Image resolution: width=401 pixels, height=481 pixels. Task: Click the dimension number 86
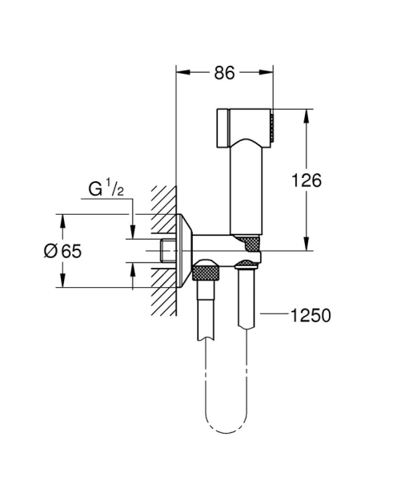(225, 72)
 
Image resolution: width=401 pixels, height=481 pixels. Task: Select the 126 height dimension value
(306, 180)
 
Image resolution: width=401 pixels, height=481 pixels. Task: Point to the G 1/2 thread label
(106, 189)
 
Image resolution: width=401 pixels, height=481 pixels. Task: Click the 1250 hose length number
(311, 315)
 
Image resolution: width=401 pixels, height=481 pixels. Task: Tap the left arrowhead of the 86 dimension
(181, 72)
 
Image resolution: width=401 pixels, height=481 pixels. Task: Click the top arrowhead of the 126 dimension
(306, 112)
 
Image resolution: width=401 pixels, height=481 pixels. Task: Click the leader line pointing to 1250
(270, 316)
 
